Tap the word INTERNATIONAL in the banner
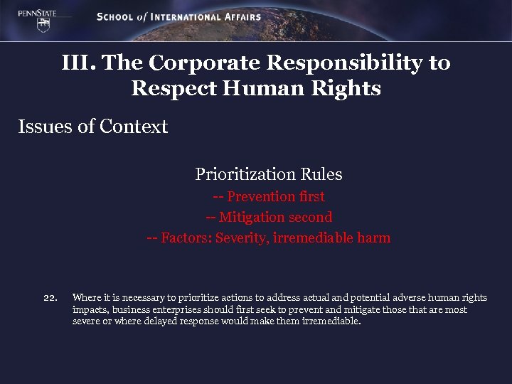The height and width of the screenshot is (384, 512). click(x=187, y=16)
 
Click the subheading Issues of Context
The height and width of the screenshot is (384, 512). click(x=93, y=127)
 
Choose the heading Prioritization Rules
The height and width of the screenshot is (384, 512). click(x=268, y=174)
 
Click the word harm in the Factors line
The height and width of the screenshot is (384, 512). click(x=375, y=238)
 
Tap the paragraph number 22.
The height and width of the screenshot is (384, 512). click(x=50, y=298)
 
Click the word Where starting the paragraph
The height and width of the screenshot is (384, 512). click(x=87, y=298)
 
